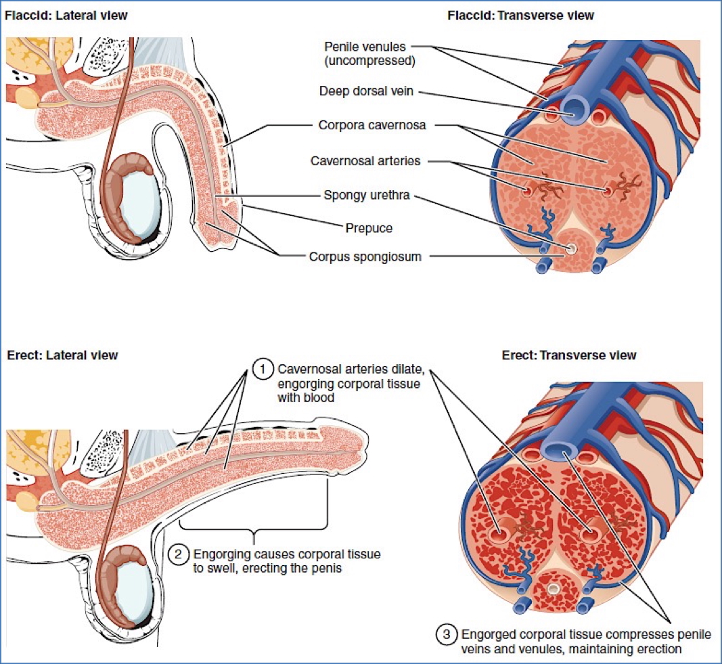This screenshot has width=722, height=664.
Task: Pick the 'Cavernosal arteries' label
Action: (x=365, y=161)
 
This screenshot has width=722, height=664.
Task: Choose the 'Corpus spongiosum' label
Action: (x=366, y=257)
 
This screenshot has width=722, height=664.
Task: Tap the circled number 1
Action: (x=261, y=370)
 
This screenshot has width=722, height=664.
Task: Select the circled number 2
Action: (x=177, y=555)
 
